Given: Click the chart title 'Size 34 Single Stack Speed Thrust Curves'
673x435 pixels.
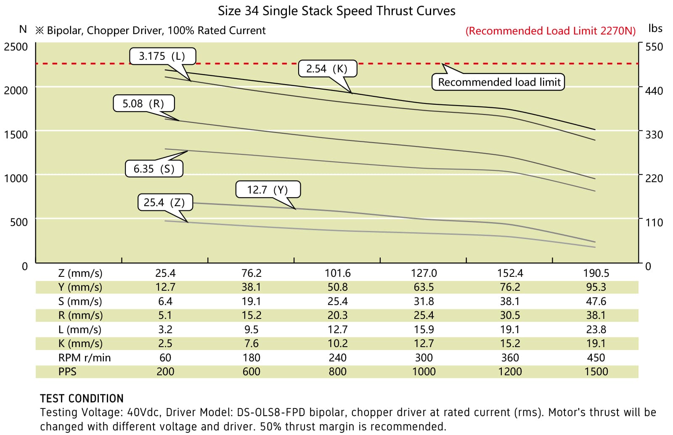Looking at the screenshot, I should coord(336,11).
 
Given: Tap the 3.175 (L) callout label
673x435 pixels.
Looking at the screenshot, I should coord(162,56).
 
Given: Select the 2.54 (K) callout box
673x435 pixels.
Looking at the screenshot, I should coord(327,69).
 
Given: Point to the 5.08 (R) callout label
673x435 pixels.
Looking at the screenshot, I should coord(143,103).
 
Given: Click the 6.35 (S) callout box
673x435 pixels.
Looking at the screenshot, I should coord(154,169).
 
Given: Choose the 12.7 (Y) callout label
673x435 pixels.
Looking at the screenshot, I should coord(268,190).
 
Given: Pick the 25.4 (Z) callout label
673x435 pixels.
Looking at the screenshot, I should coord(164,202).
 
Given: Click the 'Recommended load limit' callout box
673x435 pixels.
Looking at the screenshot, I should coord(499,82).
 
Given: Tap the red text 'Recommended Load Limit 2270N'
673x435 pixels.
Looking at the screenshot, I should coord(551,31).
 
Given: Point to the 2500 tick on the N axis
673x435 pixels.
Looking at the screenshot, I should coord(16,47).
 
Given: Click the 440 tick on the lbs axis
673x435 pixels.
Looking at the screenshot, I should coord(654,91).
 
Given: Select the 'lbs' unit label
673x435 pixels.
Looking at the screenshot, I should coord(655,29).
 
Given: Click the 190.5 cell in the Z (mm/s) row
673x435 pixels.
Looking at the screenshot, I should coord(596,273).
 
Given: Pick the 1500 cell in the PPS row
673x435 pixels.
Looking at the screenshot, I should coord(596,371).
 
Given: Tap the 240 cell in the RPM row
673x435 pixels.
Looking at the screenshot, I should coord(337,358).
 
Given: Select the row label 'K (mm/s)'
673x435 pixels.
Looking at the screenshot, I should coord(80,343).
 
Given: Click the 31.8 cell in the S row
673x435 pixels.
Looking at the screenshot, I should coord(424,301).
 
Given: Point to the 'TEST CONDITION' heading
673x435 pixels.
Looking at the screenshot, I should coord(82,398).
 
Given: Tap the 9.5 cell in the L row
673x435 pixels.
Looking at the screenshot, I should coord(251,329).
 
